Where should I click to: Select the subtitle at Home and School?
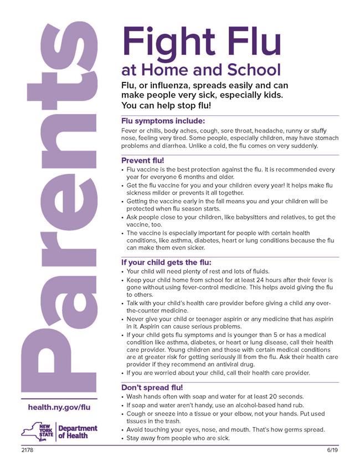click(201, 70)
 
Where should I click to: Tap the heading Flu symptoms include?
click(163, 121)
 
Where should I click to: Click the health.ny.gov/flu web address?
click(59, 407)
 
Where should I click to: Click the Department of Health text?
click(78, 432)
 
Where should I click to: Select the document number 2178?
click(27, 450)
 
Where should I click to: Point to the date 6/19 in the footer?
click(332, 450)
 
